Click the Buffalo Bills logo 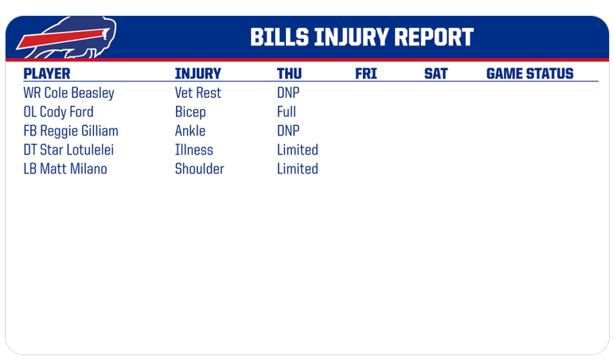coord(66,37)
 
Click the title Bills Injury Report coord(361,37)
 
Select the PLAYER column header coord(47,73)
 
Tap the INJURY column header coord(197,73)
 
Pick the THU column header coord(289,73)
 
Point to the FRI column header coord(366,73)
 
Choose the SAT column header coord(436,73)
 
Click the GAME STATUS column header coord(529,73)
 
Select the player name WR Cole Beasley coord(68,93)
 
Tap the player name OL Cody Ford coord(59,112)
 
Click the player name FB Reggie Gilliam coord(71,131)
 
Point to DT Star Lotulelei coord(68,150)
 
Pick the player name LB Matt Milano coord(65,169)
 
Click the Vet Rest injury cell coord(198,93)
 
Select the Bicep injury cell coord(190,112)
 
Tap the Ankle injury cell coord(190,131)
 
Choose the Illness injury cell coord(194,150)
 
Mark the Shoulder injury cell coord(199,169)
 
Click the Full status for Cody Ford coord(287,112)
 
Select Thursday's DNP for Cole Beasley coord(288,93)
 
